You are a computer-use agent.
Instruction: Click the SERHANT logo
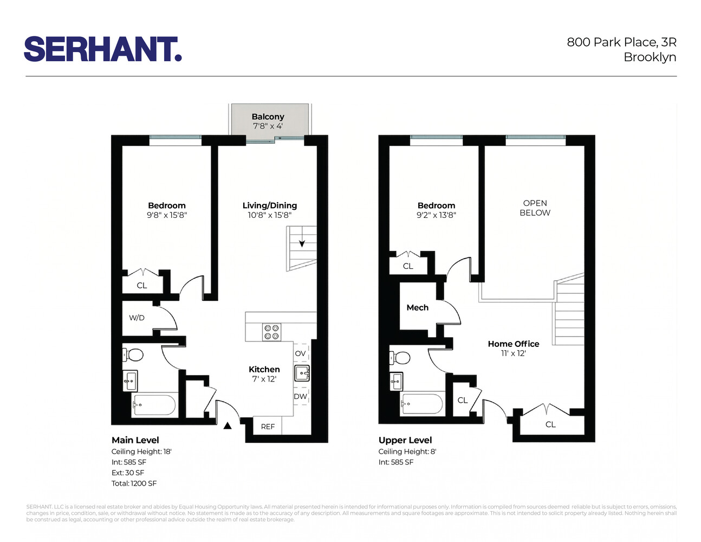(x=103, y=49)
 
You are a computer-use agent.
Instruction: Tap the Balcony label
(x=268, y=117)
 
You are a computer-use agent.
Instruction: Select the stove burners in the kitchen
(x=271, y=332)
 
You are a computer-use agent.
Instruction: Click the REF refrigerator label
(x=268, y=427)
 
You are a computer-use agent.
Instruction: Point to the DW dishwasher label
(x=300, y=396)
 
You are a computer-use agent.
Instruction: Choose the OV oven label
(x=300, y=353)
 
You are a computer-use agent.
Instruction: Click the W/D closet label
(x=137, y=318)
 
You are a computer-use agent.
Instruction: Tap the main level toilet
(x=133, y=355)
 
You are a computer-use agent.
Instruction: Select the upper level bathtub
(x=422, y=404)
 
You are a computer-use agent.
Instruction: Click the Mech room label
(x=417, y=307)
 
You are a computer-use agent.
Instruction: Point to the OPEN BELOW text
(x=535, y=208)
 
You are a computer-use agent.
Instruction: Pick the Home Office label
(x=513, y=344)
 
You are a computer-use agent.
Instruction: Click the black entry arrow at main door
(x=228, y=425)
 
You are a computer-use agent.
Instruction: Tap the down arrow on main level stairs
(x=302, y=243)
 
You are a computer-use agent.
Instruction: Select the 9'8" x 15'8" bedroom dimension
(x=167, y=215)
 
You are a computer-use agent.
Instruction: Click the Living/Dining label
(x=269, y=205)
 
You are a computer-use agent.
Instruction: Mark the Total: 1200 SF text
(x=134, y=483)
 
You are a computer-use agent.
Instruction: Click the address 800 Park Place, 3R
(x=621, y=42)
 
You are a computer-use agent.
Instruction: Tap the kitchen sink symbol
(x=302, y=373)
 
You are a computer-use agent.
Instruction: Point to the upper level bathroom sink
(x=397, y=381)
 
